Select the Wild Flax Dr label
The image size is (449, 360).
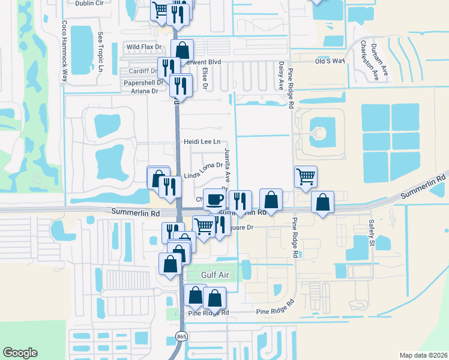pyautogui.click(x=144, y=47)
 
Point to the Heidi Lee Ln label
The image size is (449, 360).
pyautogui.click(x=202, y=142)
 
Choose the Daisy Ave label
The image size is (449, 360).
pyautogui.click(x=280, y=75)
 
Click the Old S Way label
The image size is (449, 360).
pyautogui.click(x=330, y=61)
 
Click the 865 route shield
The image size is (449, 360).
pyautogui.click(x=181, y=336)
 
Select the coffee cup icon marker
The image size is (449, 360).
pyautogui.click(x=214, y=200)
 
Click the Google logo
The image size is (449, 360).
pyautogui.click(x=20, y=353)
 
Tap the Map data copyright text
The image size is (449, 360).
pyautogui.click(x=423, y=355)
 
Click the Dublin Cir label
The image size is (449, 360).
pyautogui.click(x=90, y=3)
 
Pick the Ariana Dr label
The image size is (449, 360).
pyautogui.click(x=144, y=91)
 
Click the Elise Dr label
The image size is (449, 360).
pyautogui.click(x=205, y=78)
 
